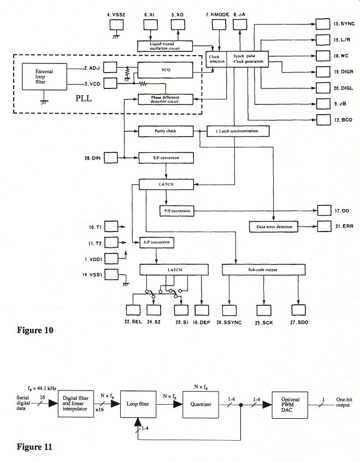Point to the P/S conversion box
(x=176, y=210)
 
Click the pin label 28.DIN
(x=92, y=158)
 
